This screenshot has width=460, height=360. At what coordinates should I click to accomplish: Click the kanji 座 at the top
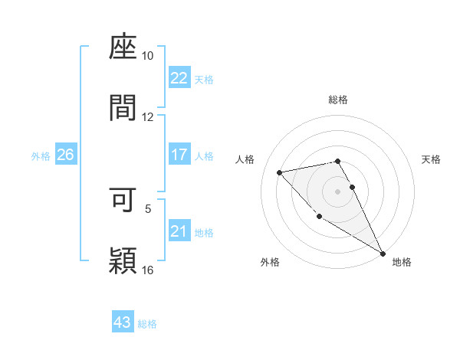pos(123,48)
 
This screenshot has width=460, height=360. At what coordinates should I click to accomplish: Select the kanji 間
pos(123,109)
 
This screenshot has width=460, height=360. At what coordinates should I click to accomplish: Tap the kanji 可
pos(123,199)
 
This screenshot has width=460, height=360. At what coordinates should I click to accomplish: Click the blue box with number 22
pos(179,78)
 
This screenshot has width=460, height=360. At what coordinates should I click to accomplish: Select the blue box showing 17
pos(179,155)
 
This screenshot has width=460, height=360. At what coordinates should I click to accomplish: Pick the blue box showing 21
pos(179,231)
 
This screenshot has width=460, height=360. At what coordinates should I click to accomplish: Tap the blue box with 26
pos(65,155)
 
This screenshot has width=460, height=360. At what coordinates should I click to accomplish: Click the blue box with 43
pos(122,322)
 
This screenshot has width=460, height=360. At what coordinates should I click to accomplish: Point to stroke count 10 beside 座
pos(148,56)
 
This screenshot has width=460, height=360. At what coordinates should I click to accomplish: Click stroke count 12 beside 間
pos(148,117)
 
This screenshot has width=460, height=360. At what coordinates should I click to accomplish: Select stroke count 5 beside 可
pos(149,208)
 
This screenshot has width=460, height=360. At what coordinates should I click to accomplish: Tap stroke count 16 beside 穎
pos(148,269)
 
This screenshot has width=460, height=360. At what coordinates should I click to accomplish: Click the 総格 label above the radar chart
pos(338,100)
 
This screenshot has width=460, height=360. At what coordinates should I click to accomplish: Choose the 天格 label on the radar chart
pos(431,159)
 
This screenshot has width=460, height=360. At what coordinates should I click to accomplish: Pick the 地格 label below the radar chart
pos(402,262)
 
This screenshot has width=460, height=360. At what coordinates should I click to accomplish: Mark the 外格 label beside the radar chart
pos(270,262)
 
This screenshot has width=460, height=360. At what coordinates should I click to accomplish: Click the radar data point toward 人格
pos(280,172)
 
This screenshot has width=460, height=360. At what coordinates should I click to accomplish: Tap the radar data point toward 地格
pos(383,254)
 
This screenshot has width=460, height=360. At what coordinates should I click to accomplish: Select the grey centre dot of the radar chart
pos(338,191)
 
